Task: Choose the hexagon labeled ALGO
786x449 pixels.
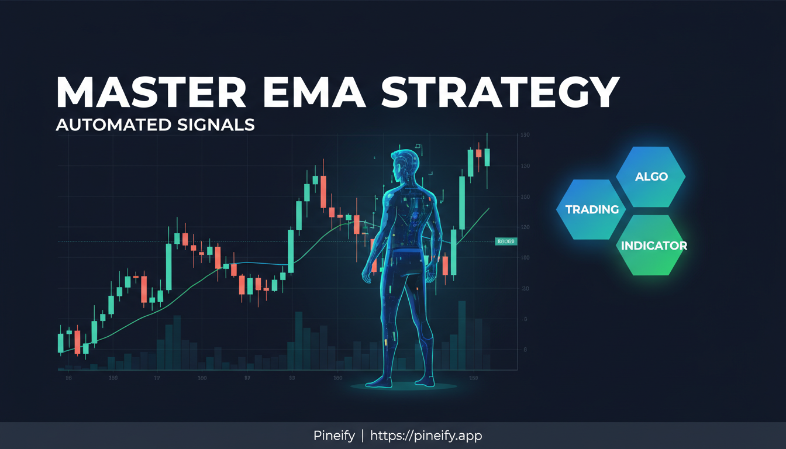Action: click(651, 176)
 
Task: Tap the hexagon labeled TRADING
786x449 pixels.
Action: click(592, 209)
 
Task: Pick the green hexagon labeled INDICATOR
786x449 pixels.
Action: click(653, 246)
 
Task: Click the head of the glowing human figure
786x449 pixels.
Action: click(405, 166)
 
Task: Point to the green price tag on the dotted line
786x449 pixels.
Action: click(505, 241)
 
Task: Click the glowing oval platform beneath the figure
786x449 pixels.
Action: click(403, 386)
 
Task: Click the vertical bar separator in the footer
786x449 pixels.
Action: click(363, 436)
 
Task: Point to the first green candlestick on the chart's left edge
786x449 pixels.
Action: click(60, 343)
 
